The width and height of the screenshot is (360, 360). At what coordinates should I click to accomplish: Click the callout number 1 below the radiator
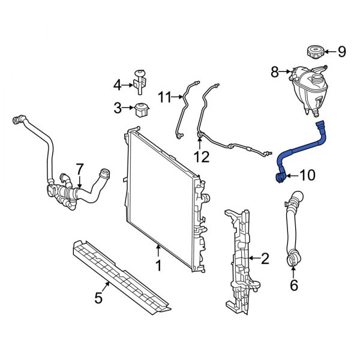[x=158, y=265]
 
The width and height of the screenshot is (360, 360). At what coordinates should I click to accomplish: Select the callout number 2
[x=265, y=259]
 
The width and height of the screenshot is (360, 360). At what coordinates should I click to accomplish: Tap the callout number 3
[x=118, y=108]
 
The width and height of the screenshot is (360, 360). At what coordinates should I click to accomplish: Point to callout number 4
[x=118, y=85]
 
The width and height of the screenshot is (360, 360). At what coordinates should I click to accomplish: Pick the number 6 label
[x=293, y=286]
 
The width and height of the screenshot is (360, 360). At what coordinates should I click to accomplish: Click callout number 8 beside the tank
[x=275, y=73]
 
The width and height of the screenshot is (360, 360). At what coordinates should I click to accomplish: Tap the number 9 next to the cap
[x=341, y=52]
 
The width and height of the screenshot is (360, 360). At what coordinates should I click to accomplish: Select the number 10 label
[x=306, y=175]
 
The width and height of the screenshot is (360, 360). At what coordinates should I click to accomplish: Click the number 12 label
[x=202, y=157]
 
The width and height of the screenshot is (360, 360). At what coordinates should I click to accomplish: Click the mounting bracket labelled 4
[x=142, y=81]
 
